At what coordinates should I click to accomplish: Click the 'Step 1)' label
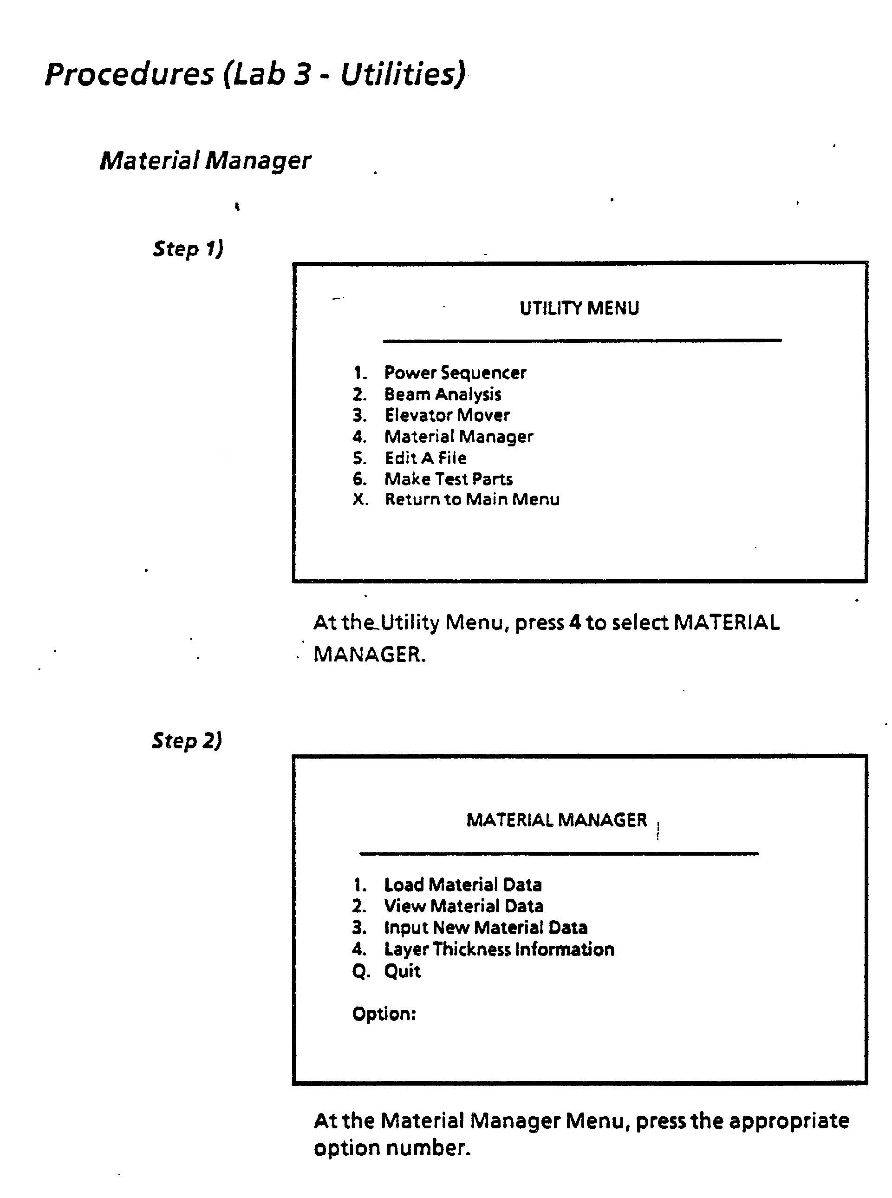pos(188,249)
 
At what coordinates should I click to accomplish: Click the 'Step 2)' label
pos(187,740)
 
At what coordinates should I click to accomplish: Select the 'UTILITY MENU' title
pos(579,308)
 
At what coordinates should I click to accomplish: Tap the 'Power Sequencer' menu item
pos(455,373)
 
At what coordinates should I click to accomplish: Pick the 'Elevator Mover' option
pos(447,415)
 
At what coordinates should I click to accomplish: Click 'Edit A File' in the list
pos(425,458)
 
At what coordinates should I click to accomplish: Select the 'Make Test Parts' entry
pos(448,479)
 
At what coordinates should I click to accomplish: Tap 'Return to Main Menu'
pos(472,500)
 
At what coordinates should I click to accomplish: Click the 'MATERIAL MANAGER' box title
pos(557,820)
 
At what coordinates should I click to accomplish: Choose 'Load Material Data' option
pos(463,885)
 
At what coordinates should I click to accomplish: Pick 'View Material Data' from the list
pos(463,906)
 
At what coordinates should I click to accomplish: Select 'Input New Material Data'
pos(485,927)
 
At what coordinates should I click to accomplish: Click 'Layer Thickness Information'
pos(499,949)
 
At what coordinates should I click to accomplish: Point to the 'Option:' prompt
pos(384,1014)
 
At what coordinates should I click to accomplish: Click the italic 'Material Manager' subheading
pos(205,160)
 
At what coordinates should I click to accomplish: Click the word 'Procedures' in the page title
pos(130,74)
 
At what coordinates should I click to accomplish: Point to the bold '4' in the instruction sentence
pos(575,623)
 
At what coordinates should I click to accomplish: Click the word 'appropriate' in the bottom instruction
pos(789,1121)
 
